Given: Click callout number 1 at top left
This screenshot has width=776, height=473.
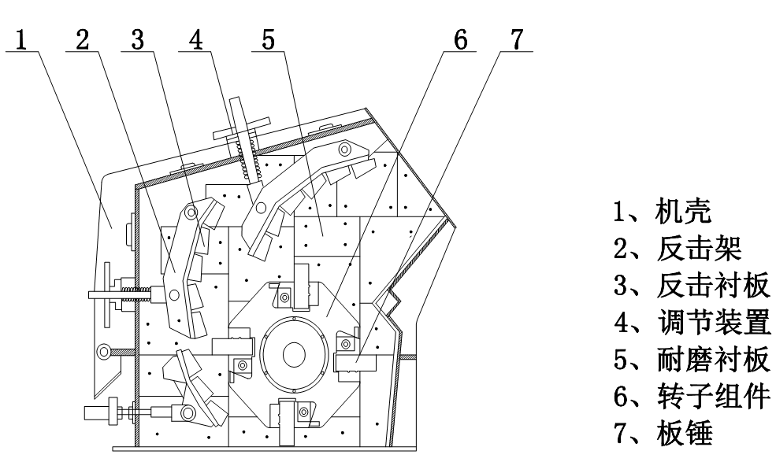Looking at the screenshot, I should coord(24,39).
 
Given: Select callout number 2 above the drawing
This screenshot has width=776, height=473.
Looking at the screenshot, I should coord(82,39).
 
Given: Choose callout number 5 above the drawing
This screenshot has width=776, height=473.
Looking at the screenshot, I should coord(269,39).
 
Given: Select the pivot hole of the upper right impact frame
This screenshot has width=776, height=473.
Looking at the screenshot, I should coord(344,149).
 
